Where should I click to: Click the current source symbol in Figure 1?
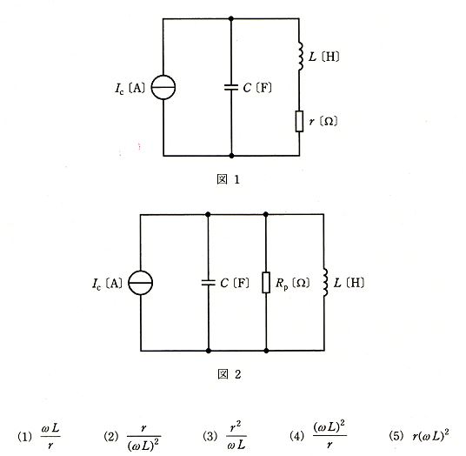pyautogui.click(x=163, y=87)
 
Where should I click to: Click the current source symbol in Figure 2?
pyautogui.click(x=141, y=283)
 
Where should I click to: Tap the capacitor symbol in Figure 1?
pyautogui.click(x=231, y=87)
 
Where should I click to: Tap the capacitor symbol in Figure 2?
pyautogui.click(x=208, y=283)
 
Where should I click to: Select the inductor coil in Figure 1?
pyautogui.click(x=300, y=57)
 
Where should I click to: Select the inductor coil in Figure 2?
pyautogui.click(x=325, y=282)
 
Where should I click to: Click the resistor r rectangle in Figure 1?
pyautogui.click(x=299, y=121)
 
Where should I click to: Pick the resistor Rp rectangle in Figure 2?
pyautogui.click(x=266, y=282)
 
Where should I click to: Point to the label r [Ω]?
pyautogui.click(x=323, y=121)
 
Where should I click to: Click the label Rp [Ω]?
pyautogui.click(x=292, y=283)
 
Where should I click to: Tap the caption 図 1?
pyautogui.click(x=229, y=179)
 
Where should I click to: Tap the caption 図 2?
pyautogui.click(x=230, y=374)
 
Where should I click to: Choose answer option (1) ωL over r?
pyautogui.click(x=39, y=436)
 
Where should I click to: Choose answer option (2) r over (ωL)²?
pyautogui.click(x=132, y=437)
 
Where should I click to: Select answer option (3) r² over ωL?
pyautogui.click(x=224, y=436)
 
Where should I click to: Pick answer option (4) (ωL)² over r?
pyautogui.click(x=318, y=435)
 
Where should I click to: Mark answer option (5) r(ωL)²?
pyautogui.click(x=419, y=435)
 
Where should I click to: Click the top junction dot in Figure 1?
pyautogui.click(x=231, y=19)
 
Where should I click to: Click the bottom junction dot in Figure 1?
pyautogui.click(x=231, y=156)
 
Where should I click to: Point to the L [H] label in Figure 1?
pyautogui.click(x=324, y=57)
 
